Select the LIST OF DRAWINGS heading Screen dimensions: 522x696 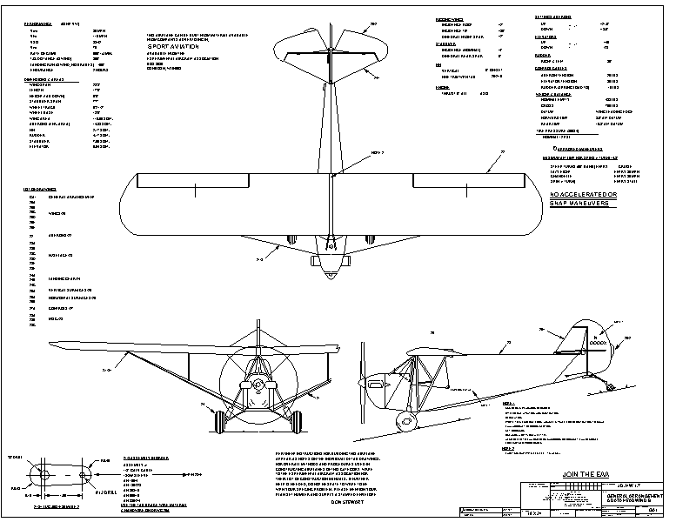click(x=40, y=188)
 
